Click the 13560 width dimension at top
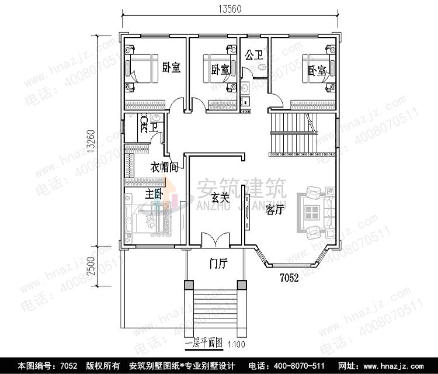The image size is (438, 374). (x=231, y=9)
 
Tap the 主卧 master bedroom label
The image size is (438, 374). (x=153, y=195)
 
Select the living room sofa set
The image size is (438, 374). (x=315, y=210)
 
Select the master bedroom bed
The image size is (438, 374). (x=151, y=220)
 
